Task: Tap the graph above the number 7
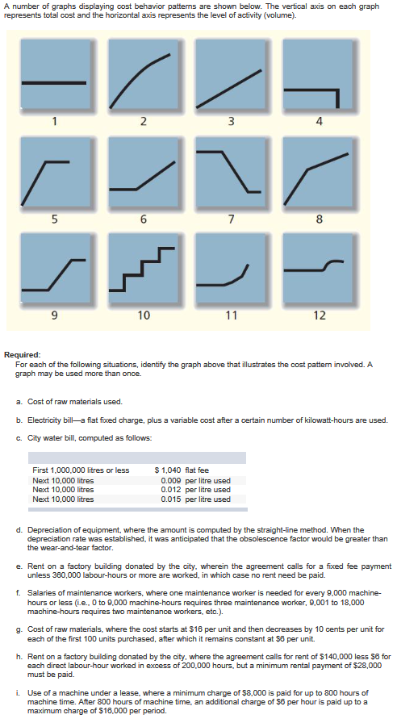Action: (231, 173)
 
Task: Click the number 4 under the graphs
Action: (320, 123)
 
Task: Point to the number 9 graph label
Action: (55, 315)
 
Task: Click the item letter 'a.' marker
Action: (19, 401)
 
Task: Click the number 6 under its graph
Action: (143, 219)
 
